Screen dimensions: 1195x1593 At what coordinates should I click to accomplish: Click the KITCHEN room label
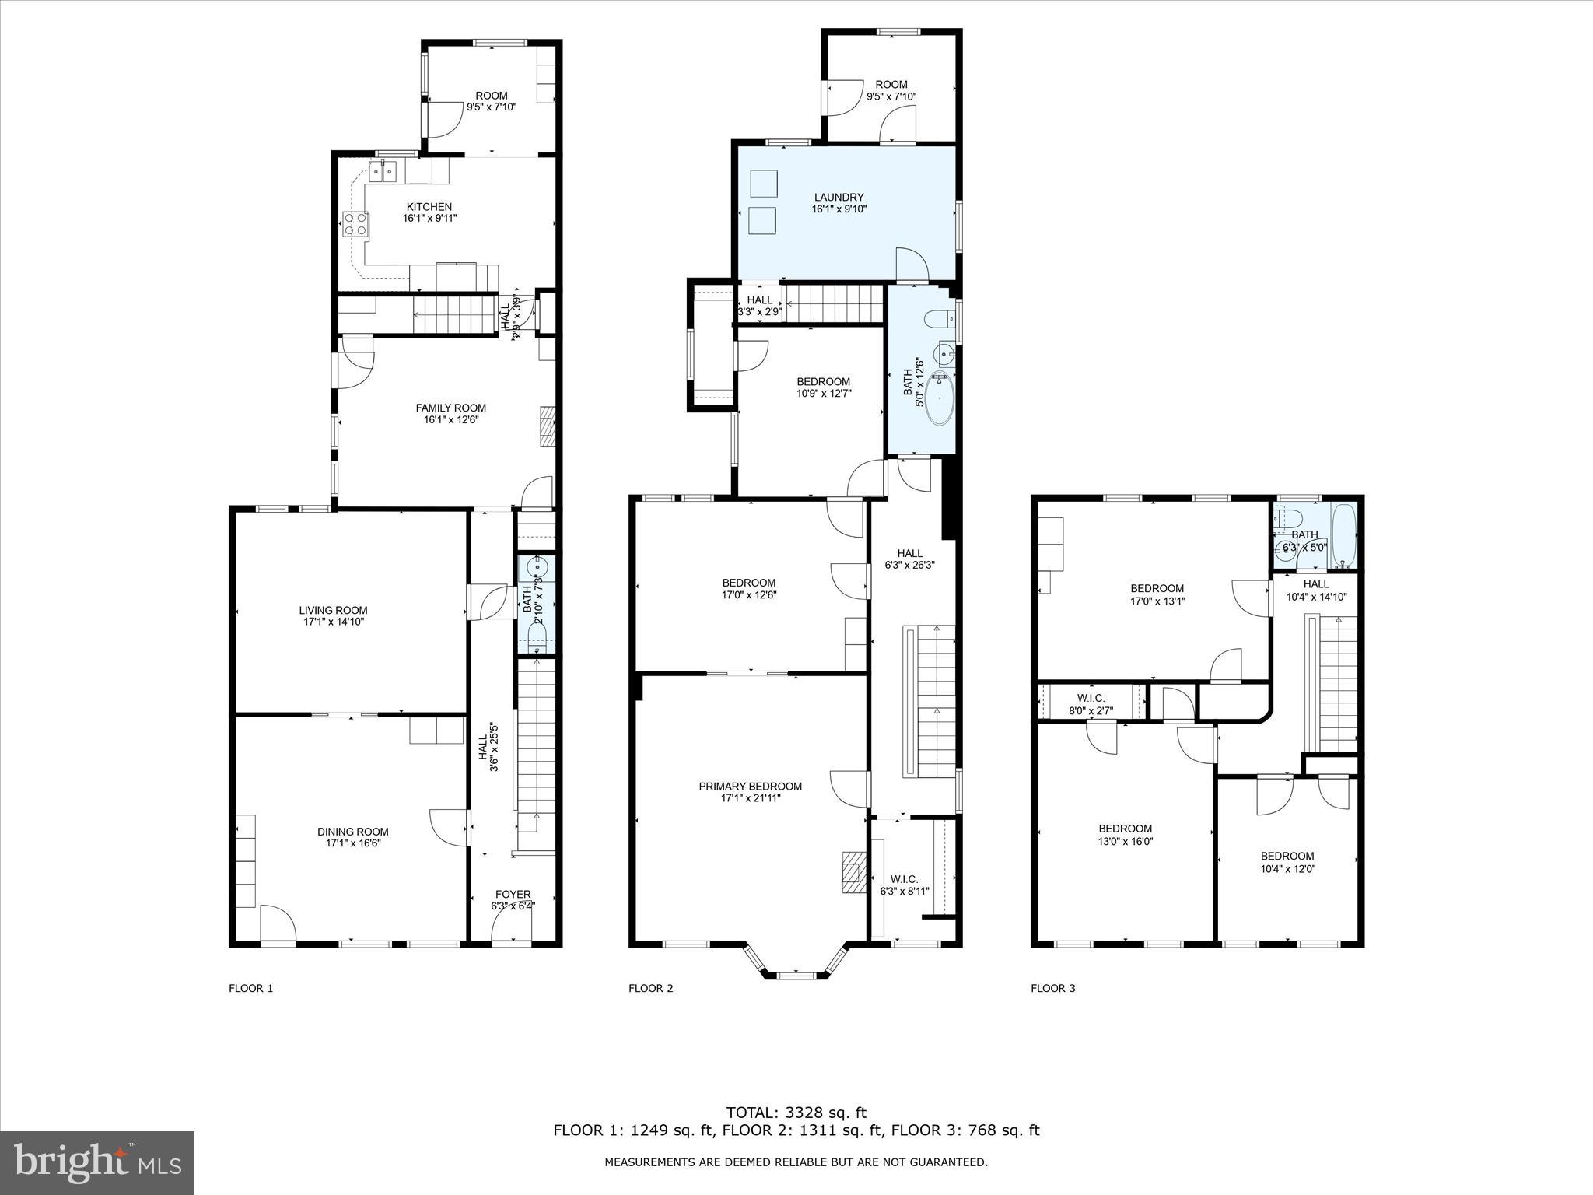[x=429, y=207]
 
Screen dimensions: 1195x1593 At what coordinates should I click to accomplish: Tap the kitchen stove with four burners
[x=355, y=225]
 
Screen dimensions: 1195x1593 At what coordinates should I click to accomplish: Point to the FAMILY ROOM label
[x=450, y=408]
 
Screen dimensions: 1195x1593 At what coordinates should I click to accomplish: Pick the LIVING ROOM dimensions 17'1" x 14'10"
[x=334, y=622]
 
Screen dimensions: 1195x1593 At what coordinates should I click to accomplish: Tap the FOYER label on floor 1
[x=513, y=895]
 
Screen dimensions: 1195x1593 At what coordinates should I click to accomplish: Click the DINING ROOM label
[x=352, y=832]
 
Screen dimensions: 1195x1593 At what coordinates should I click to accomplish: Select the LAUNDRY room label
[x=839, y=198]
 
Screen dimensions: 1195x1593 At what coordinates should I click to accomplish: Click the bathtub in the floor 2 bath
[x=940, y=399]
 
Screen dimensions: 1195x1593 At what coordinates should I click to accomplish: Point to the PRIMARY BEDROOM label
[x=750, y=787]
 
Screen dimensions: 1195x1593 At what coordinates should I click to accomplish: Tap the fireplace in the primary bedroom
[x=853, y=871]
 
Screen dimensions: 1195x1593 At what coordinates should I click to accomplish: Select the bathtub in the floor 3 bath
[x=1343, y=536]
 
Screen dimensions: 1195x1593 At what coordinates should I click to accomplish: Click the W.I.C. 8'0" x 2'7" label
[x=1091, y=704]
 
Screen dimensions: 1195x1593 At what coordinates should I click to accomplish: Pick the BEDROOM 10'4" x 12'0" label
[x=1287, y=862]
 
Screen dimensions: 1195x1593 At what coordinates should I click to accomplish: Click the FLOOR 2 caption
[x=650, y=989]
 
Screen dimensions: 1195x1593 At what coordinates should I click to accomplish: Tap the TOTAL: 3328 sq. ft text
[x=796, y=1113]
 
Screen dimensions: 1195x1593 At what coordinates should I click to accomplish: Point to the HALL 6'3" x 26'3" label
[x=909, y=559]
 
